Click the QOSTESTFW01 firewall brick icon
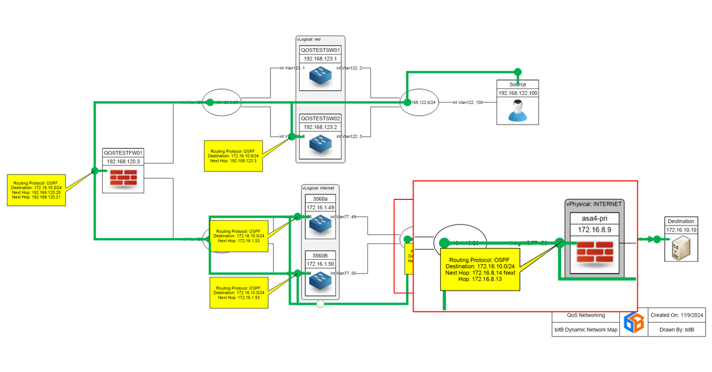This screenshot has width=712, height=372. tap(123, 178)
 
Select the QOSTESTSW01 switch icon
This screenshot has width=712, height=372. tap(320, 76)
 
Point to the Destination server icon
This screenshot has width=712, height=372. tap(681, 249)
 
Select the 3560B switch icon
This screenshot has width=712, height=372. tap(320, 282)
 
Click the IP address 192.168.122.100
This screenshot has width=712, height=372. tap(517, 93)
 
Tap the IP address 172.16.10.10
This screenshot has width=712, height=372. tap(681, 230)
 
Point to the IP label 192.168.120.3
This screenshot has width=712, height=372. tap(123, 161)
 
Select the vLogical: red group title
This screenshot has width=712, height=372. tap(309, 39)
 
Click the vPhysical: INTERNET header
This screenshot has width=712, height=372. tap(594, 204)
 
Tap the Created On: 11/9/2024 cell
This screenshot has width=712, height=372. tap(676, 315)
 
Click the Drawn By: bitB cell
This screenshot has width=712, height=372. tap(676, 329)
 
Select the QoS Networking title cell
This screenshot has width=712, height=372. tap(586, 315)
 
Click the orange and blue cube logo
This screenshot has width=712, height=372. tap(633, 322)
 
